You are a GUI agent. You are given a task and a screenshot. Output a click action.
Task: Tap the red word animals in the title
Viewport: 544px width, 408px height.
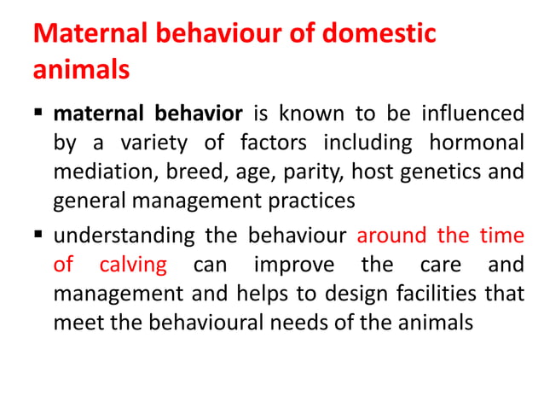[81, 68]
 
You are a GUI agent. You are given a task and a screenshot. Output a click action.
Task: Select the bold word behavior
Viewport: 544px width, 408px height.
[202, 114]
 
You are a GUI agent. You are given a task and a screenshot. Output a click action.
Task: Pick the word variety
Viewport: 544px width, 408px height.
[159, 143]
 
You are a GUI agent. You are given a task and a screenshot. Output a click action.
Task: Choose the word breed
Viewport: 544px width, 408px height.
[182, 173]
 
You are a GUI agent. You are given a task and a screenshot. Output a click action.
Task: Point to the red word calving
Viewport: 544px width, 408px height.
[133, 265]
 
